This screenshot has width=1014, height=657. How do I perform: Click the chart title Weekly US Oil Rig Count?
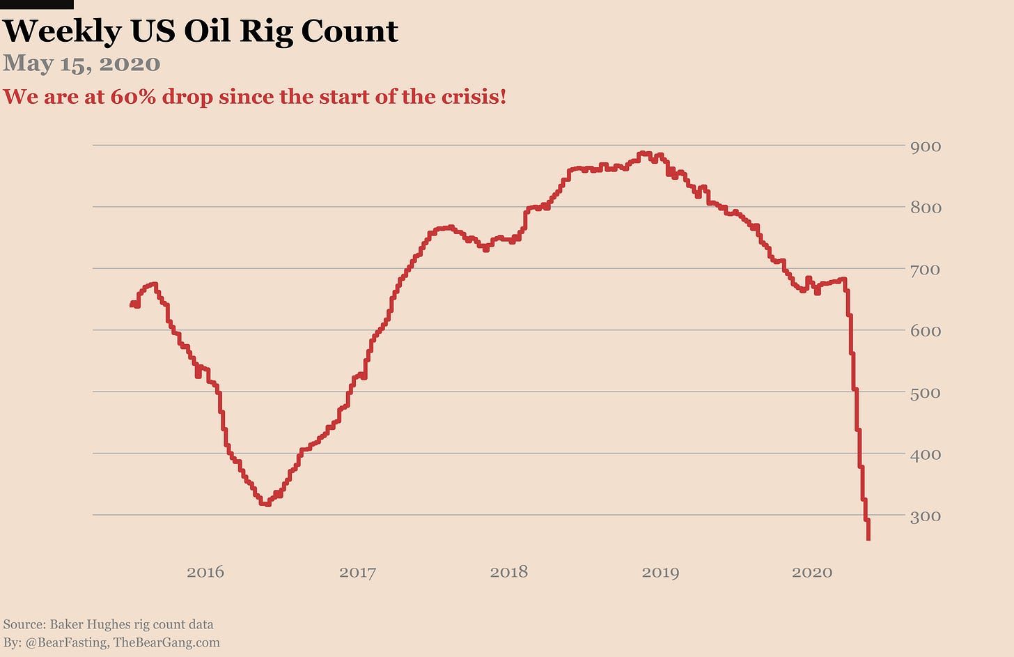coord(201,31)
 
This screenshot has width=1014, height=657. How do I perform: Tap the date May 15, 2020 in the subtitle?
coord(81,63)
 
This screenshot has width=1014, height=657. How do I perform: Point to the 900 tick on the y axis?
coord(926,146)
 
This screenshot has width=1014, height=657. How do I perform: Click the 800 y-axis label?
coord(926,208)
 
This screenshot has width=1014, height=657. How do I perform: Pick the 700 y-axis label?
coord(926,270)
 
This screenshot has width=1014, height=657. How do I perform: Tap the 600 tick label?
coord(926,331)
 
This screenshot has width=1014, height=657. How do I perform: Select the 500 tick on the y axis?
coord(926,393)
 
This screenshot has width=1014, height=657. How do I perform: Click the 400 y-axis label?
coord(926,454)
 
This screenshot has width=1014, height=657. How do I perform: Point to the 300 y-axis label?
coord(926,516)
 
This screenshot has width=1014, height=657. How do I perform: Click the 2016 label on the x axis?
coord(205,573)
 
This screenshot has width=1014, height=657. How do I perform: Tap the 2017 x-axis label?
coord(357,573)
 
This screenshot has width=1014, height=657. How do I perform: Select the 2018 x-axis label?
coord(509,573)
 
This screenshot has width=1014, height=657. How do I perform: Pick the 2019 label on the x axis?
coord(660,573)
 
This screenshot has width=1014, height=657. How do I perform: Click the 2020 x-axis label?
coord(812,573)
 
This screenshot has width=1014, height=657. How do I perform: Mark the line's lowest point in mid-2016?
coord(265,503)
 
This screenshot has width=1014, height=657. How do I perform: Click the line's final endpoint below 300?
coord(868,539)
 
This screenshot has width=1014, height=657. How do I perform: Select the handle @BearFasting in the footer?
coord(67,642)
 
